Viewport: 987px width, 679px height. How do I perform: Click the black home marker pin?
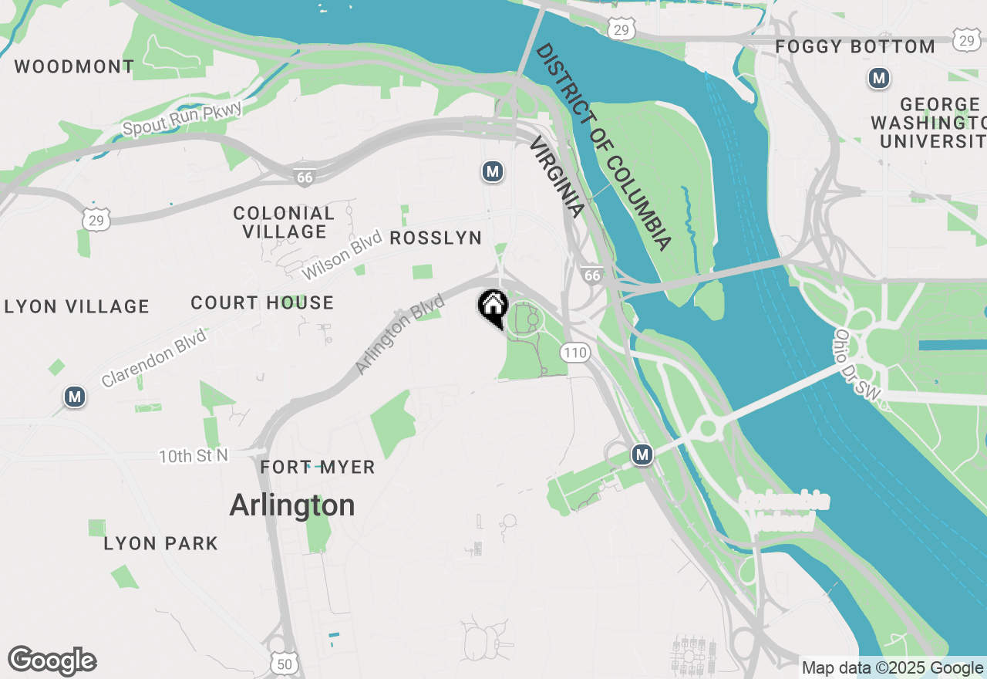click(x=493, y=307)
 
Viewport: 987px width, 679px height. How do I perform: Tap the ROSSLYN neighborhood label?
click(x=436, y=238)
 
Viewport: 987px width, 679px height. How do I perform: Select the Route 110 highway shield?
click(x=575, y=353)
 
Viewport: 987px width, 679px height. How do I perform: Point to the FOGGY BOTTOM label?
click(x=855, y=47)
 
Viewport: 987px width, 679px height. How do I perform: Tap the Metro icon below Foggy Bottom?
click(x=878, y=78)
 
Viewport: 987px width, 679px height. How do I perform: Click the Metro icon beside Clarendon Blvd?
click(x=75, y=397)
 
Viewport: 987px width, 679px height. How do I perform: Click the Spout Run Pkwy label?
click(x=183, y=118)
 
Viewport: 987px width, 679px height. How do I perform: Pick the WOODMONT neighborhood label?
click(x=75, y=66)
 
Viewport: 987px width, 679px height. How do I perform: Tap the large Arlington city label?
click(x=292, y=505)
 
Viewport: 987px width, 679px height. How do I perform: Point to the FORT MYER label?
click(x=318, y=468)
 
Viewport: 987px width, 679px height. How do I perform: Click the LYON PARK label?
click(x=161, y=544)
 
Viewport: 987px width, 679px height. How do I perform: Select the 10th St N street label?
click(x=194, y=456)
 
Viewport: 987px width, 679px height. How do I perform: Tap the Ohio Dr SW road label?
click(x=857, y=364)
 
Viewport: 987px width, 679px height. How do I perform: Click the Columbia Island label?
click(x=783, y=511)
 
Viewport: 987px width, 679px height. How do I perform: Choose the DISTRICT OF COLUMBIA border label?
click(x=604, y=147)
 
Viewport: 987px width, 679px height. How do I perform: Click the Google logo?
click(x=52, y=661)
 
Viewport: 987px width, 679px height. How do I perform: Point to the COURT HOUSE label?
click(x=262, y=303)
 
